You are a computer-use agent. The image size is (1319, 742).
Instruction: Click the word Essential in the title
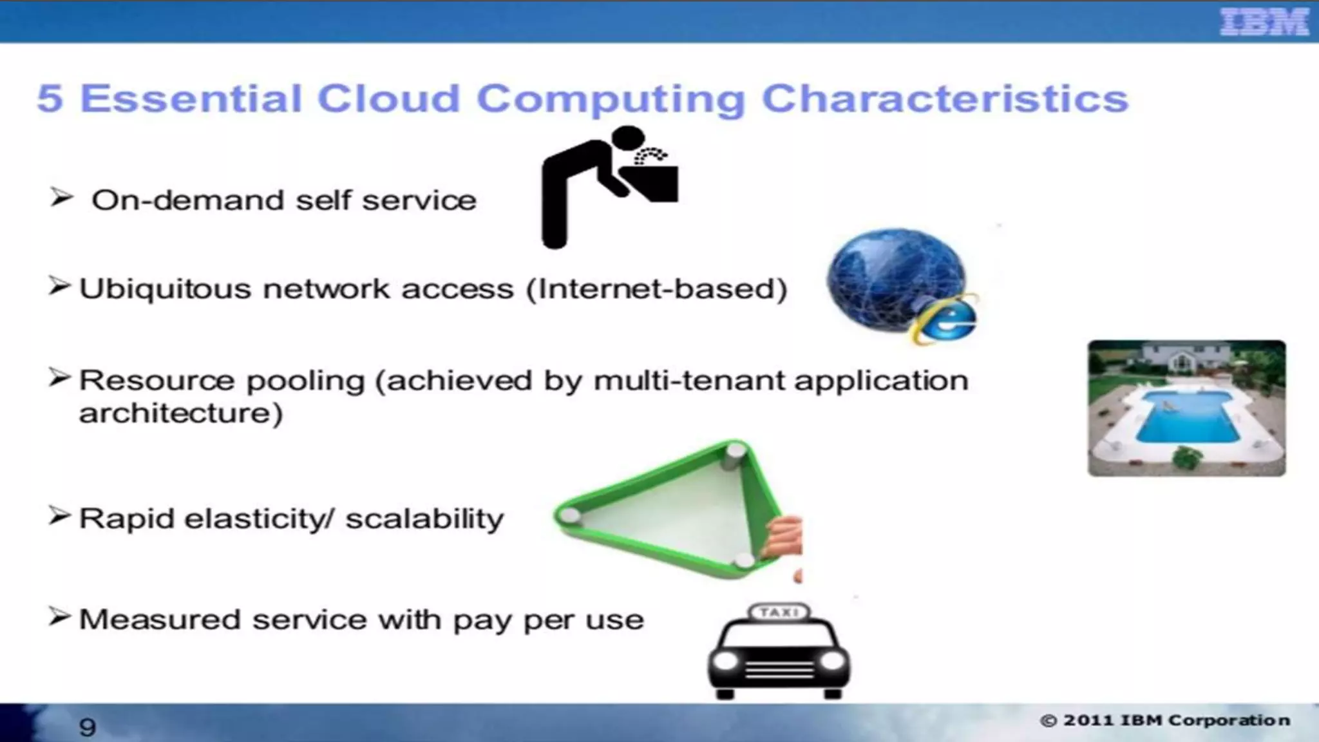(191, 99)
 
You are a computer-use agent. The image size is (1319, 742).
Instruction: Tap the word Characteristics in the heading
(945, 99)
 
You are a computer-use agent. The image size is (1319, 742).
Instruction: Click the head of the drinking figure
(627, 140)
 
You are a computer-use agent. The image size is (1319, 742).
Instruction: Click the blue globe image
(895, 277)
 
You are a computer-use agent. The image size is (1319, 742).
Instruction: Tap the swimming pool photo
(1186, 408)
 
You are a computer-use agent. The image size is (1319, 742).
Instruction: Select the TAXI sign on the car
(779, 612)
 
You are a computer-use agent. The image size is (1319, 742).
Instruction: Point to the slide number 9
(87, 727)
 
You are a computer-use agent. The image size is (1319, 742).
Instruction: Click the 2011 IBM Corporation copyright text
(1166, 720)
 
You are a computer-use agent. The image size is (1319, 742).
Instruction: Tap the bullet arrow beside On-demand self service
(61, 197)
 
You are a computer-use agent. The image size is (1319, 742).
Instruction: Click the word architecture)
(181, 414)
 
